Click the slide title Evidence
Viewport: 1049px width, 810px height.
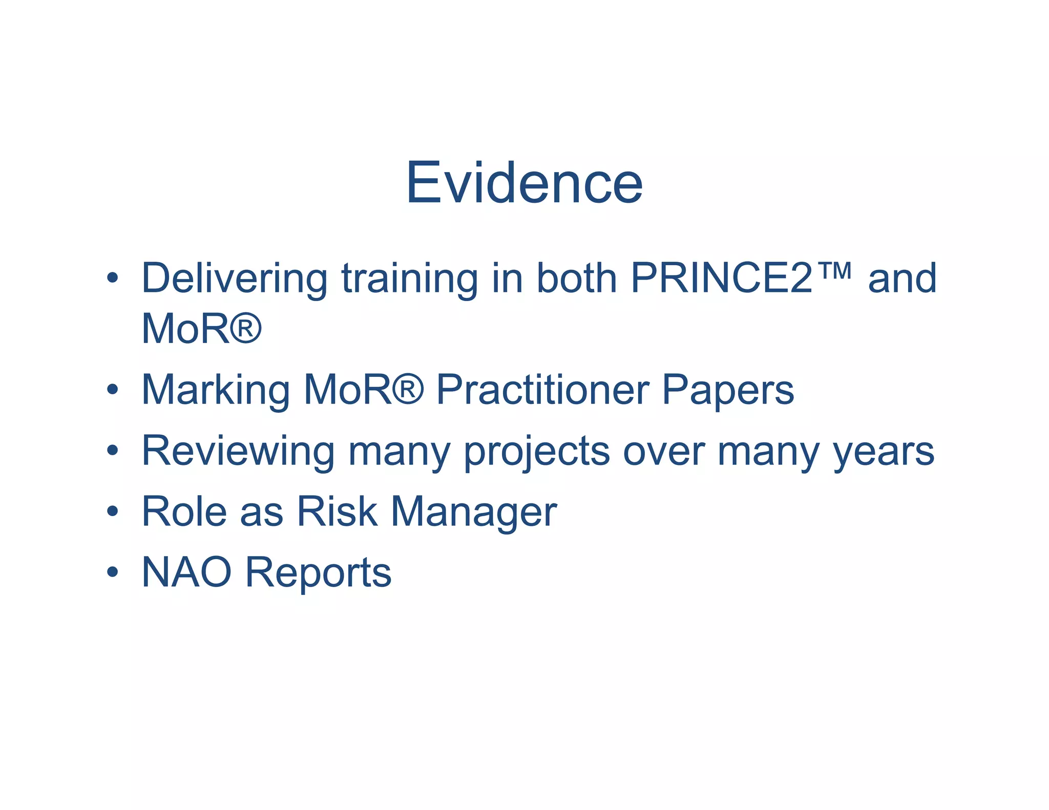pyautogui.click(x=524, y=183)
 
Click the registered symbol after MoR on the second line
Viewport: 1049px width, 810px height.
pyautogui.click(x=245, y=328)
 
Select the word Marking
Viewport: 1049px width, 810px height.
pyautogui.click(x=215, y=390)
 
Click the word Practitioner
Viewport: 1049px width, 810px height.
pyautogui.click(x=542, y=390)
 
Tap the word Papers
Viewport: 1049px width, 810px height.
pyautogui.click(x=728, y=390)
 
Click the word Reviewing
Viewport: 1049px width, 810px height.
pyautogui.click(x=238, y=451)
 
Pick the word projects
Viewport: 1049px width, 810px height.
pyautogui.click(x=537, y=451)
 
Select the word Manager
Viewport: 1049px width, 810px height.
pyautogui.click(x=474, y=511)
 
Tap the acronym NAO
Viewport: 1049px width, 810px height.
pyautogui.click(x=186, y=572)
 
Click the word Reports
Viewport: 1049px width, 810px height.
pyautogui.click(x=318, y=572)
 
